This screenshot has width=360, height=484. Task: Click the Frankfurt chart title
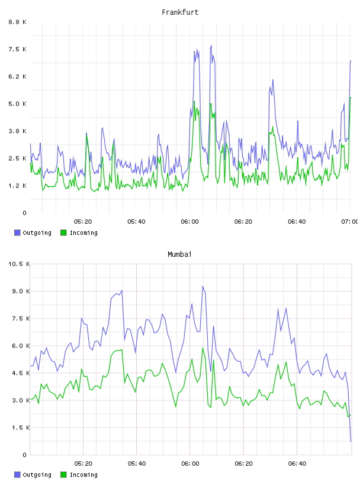(x=180, y=12)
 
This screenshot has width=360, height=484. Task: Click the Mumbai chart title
(x=179, y=254)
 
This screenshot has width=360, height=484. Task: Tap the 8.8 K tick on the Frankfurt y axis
(x=18, y=22)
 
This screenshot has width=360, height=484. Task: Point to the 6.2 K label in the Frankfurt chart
(x=18, y=77)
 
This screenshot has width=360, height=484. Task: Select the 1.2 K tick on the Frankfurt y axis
(x=18, y=186)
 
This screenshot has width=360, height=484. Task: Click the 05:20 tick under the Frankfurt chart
(x=83, y=221)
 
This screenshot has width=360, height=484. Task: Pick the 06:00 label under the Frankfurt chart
(x=190, y=221)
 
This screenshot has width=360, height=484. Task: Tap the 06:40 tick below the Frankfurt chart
(x=297, y=221)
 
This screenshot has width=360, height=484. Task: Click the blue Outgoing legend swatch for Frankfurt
(x=17, y=233)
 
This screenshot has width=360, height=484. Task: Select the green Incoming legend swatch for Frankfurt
(x=63, y=233)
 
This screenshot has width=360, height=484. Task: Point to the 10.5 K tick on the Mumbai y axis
(x=19, y=264)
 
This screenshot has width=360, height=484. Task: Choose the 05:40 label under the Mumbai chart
(x=137, y=463)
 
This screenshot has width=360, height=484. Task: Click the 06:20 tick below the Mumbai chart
(x=243, y=463)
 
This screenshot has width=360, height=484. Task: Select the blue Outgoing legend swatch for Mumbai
(x=17, y=475)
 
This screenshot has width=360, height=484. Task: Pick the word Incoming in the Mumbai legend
(x=83, y=475)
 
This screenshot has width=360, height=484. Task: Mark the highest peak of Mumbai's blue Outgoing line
(x=202, y=286)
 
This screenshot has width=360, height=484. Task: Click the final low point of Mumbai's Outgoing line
(x=351, y=441)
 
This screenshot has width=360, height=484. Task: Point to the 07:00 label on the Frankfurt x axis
(x=350, y=221)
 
